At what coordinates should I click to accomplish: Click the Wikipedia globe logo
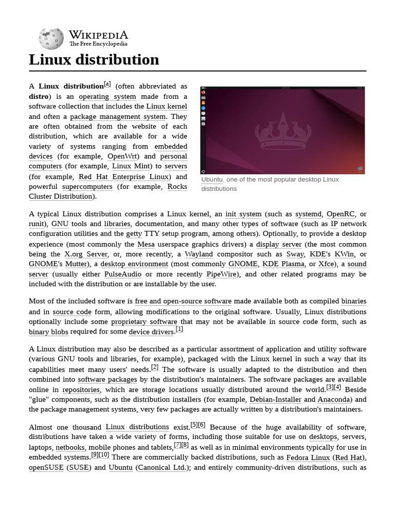click(51, 39)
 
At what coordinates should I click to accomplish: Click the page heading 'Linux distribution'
click(94, 60)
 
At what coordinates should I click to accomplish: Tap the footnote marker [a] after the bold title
click(107, 84)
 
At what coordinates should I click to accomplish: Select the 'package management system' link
click(118, 116)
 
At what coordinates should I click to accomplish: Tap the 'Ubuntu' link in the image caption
click(212, 180)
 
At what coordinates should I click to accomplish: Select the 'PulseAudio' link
click(122, 274)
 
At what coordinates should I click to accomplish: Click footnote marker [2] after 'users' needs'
click(155, 368)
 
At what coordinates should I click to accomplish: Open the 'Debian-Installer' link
click(276, 399)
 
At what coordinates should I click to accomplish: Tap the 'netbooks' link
click(70, 448)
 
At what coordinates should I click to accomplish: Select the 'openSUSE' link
click(46, 468)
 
